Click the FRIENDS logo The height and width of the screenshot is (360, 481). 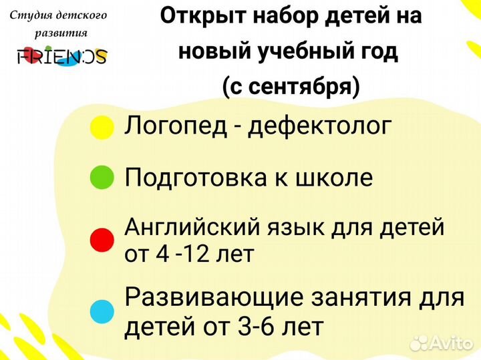click(x=62, y=56)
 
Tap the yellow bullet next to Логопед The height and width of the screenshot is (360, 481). click(x=102, y=128)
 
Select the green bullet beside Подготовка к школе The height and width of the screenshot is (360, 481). click(x=102, y=177)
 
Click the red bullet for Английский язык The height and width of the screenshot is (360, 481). click(x=102, y=240)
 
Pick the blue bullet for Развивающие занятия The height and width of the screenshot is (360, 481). click(x=102, y=312)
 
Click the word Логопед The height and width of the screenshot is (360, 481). click(x=176, y=127)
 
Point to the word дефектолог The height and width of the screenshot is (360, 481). click(x=319, y=127)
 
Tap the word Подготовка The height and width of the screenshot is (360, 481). click(x=196, y=178)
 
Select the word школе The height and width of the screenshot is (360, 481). click(x=334, y=178)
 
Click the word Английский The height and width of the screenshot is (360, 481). click(x=192, y=227)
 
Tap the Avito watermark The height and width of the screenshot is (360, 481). click(x=442, y=343)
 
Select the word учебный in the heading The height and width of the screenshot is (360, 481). click(x=307, y=51)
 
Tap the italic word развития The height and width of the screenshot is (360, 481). click(x=61, y=33)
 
